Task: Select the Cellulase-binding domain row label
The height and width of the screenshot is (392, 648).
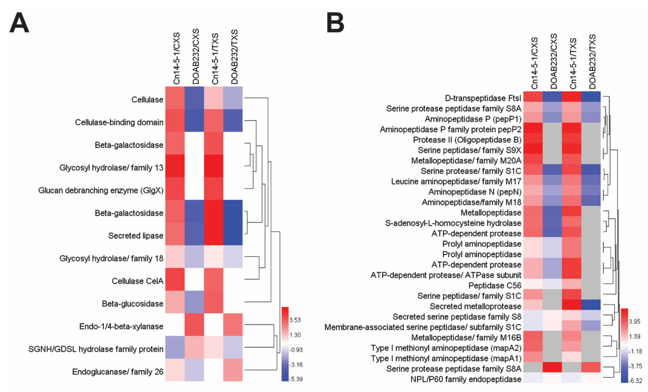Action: pos(119,122)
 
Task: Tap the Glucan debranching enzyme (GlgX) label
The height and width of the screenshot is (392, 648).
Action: pos(101,190)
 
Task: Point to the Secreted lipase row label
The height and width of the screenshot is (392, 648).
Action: pos(136,236)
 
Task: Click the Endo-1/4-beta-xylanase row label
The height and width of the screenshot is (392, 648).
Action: pos(121,326)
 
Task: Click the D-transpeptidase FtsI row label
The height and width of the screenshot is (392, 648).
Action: pos(483,98)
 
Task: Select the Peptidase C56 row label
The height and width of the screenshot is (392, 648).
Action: pos(495,285)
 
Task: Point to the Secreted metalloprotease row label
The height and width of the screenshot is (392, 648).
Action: pos(475,306)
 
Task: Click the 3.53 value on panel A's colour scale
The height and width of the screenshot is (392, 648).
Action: pos(295,320)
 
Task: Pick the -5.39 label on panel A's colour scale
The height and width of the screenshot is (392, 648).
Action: pos(296,379)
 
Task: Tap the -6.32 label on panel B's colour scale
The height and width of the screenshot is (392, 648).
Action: pos(635,381)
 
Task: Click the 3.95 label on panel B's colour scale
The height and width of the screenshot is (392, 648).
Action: pos(634,321)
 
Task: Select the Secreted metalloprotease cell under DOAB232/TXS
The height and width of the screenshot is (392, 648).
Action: pos(591,305)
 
